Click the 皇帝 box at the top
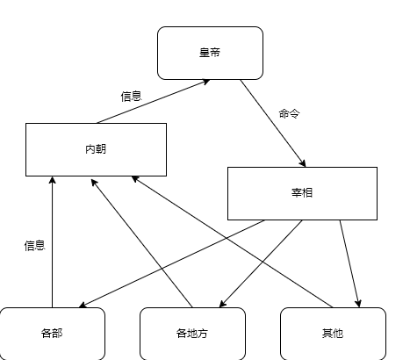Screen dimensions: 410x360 tap(210, 53)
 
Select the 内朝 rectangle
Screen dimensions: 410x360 tap(96, 149)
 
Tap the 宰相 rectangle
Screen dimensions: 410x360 tap(302, 193)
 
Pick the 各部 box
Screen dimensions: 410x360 tap(52, 334)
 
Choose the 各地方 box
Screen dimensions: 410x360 tap(192, 334)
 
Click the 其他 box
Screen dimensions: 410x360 tap(333, 334)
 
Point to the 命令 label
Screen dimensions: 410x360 tap(290, 113)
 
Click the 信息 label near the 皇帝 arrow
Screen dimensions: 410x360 tap(132, 97)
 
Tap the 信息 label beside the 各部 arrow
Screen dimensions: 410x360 tap(34, 246)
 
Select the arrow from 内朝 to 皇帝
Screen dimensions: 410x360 tap(154, 101)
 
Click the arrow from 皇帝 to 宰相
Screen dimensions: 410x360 tap(273, 123)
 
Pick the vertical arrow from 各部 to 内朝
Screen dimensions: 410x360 tap(52, 241)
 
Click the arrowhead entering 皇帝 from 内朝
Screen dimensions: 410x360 tap(206, 82)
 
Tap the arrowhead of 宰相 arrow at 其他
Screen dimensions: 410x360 tap(358, 304)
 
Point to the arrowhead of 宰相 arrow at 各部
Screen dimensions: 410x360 tap(83, 306)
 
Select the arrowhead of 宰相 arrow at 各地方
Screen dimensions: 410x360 tap(222, 304)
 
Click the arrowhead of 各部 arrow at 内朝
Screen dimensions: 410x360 tap(52, 180)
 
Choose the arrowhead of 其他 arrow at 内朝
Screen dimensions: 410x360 tap(135, 178)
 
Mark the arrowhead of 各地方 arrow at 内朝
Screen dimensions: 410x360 tap(94, 183)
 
